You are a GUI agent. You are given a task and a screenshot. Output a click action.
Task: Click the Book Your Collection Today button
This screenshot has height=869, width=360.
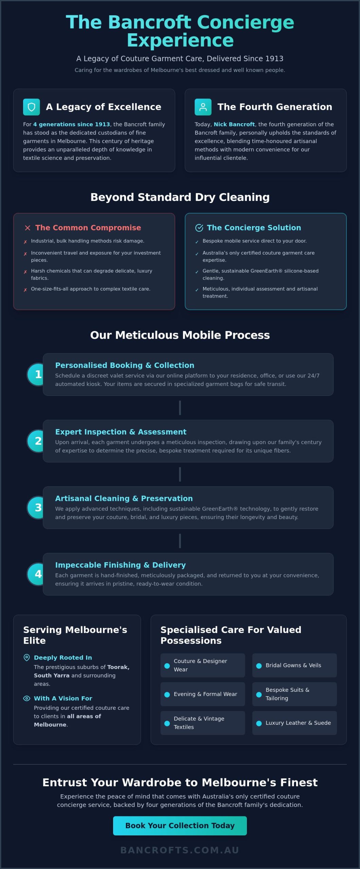tap(180, 826)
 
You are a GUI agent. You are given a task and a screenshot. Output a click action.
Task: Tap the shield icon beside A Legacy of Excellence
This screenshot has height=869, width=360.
tap(32, 107)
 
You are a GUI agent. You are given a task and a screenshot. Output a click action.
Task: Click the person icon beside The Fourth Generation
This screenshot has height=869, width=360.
tap(203, 107)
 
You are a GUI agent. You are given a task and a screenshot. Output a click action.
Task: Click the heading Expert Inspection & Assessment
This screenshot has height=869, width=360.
tap(121, 432)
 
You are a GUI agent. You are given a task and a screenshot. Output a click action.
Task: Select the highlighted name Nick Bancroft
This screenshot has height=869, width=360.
tap(234, 124)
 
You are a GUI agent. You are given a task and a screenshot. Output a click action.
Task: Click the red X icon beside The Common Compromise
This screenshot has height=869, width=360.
tap(28, 228)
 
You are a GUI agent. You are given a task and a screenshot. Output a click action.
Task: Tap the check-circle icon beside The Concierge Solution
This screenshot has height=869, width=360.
tap(199, 228)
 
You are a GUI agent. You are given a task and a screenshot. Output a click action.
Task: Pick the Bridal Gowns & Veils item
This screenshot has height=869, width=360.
tap(294, 665)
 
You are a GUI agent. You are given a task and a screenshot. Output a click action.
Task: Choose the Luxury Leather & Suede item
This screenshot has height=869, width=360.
tap(294, 723)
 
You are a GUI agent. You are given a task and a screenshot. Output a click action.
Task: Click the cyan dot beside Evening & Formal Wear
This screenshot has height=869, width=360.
tap(167, 695)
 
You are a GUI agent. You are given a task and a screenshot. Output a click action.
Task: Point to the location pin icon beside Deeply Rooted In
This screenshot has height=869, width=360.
tap(26, 658)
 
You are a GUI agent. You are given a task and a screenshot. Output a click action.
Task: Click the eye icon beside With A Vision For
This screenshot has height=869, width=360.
tap(26, 698)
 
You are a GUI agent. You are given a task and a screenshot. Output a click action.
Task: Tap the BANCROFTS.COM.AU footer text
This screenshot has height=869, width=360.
tap(180, 850)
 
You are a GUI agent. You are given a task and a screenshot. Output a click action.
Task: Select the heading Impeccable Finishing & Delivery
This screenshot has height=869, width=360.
tap(121, 565)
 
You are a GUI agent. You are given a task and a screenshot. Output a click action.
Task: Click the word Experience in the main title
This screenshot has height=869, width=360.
tap(180, 41)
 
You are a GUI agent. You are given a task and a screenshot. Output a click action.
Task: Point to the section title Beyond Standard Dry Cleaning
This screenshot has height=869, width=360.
tap(180, 197)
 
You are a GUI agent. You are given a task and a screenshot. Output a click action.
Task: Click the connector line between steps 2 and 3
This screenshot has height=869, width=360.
tap(180, 474)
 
